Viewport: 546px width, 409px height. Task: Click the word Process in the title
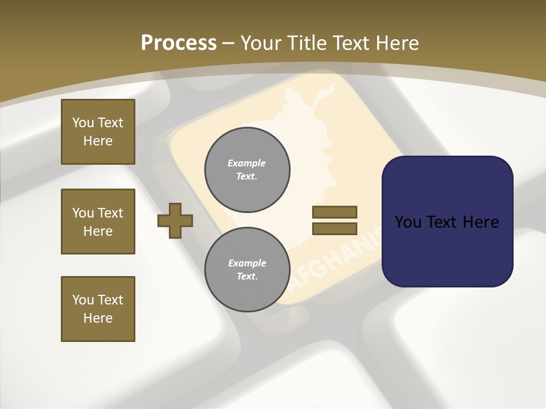click(179, 43)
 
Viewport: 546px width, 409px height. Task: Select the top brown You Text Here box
click(98, 132)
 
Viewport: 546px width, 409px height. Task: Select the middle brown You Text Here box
click(98, 222)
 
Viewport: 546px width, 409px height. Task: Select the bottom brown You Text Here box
click(98, 309)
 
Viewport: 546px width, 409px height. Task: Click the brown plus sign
click(175, 220)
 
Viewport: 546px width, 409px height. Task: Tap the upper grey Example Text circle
click(247, 170)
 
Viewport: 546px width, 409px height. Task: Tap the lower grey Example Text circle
click(247, 270)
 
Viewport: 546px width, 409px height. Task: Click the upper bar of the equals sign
click(334, 212)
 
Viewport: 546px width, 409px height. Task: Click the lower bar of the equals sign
click(334, 229)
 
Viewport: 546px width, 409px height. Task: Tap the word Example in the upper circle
click(247, 163)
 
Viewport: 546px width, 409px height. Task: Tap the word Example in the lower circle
click(247, 263)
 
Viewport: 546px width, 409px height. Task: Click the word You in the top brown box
click(83, 123)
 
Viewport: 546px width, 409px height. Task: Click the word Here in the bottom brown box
click(98, 318)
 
